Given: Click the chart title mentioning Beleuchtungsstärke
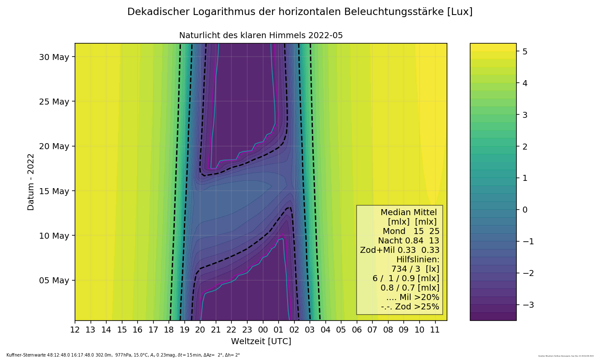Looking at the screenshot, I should pos(300,12).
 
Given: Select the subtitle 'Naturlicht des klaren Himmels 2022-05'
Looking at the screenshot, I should pos(261,36).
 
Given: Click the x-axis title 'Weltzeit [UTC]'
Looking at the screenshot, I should pos(261,342).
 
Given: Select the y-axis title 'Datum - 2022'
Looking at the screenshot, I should pos(31,182).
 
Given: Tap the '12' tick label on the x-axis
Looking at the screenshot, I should pos(75,330).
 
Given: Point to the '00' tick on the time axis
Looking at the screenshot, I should pos(263,330).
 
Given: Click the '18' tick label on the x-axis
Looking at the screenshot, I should pos(169,330).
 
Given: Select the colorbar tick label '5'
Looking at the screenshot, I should pos(524,51).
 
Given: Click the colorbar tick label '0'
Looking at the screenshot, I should pos(524,210).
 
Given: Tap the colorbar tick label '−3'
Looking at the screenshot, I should pos(527,305).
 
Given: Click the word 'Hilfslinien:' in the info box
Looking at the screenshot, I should pos(417,260).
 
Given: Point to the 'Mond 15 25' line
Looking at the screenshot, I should pos(411,231).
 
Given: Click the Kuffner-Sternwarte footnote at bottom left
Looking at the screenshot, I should pos(123,355).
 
